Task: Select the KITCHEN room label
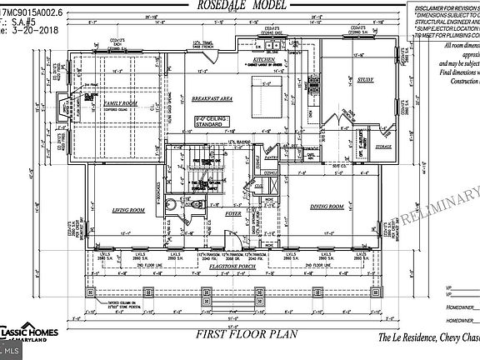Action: pyautogui.click(x=264, y=61)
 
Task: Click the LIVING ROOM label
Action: pyautogui.click(x=129, y=211)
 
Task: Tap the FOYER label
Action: pyautogui.click(x=234, y=214)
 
